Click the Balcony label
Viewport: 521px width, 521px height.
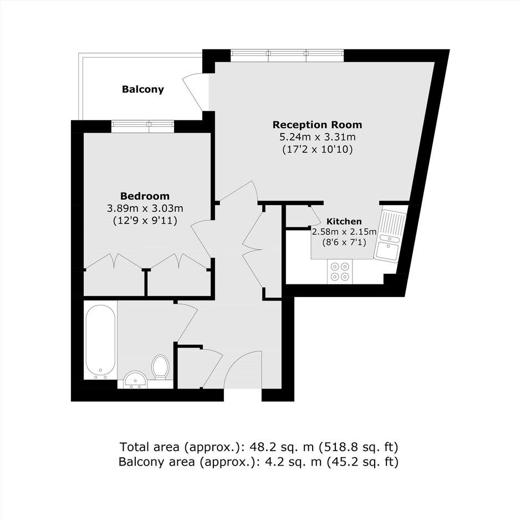pos(143,89)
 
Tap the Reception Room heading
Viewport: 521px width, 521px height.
pos(318,125)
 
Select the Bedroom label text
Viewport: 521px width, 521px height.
pos(145,196)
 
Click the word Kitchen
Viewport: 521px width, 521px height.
pos(344,221)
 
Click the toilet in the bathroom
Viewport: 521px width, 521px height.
pos(161,367)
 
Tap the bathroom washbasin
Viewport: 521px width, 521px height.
pos(136,380)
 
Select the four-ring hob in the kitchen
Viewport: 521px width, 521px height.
pos(340,272)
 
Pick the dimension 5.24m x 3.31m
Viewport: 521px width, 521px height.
pos(318,137)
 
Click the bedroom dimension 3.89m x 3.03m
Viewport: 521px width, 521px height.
pos(145,208)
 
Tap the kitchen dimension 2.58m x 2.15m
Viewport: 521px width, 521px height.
pos(344,232)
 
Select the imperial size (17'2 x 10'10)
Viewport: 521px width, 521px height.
pos(318,149)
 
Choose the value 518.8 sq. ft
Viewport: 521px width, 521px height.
pos(359,447)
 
